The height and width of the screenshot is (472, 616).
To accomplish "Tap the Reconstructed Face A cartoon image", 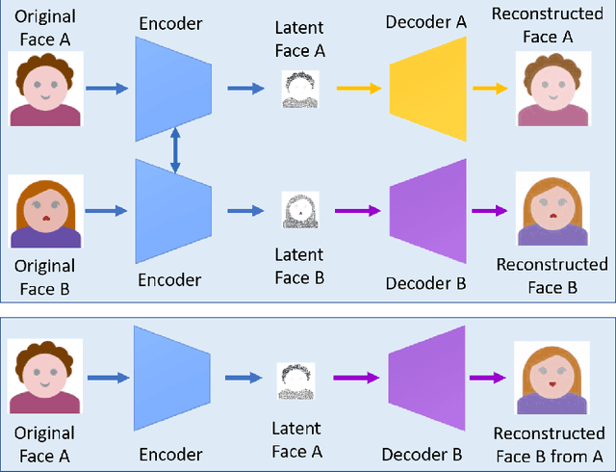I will pos(552,89).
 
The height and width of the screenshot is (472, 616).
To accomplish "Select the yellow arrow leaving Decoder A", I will pos(490,89).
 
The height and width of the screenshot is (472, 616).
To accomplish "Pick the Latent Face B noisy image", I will pos(299,210).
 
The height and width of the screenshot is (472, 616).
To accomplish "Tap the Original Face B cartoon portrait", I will pos(47,211).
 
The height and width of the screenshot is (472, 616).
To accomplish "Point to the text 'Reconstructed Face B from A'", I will pos(552,445).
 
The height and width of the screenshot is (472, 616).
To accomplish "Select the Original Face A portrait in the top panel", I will pos(47,89).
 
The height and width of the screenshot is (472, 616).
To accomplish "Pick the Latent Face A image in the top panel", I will pos(299,89).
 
